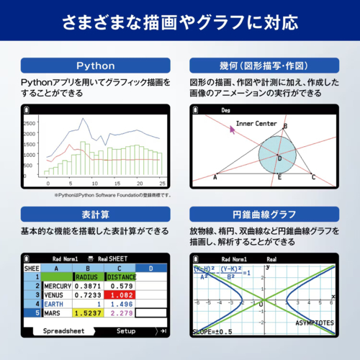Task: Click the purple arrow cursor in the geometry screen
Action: [x=232, y=129]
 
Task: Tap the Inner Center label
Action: [x=256, y=124]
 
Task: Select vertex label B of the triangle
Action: [x=286, y=127]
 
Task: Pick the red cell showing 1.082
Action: [x=118, y=295]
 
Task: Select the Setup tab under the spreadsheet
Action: [x=126, y=332]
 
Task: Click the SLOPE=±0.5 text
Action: [x=213, y=332]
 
